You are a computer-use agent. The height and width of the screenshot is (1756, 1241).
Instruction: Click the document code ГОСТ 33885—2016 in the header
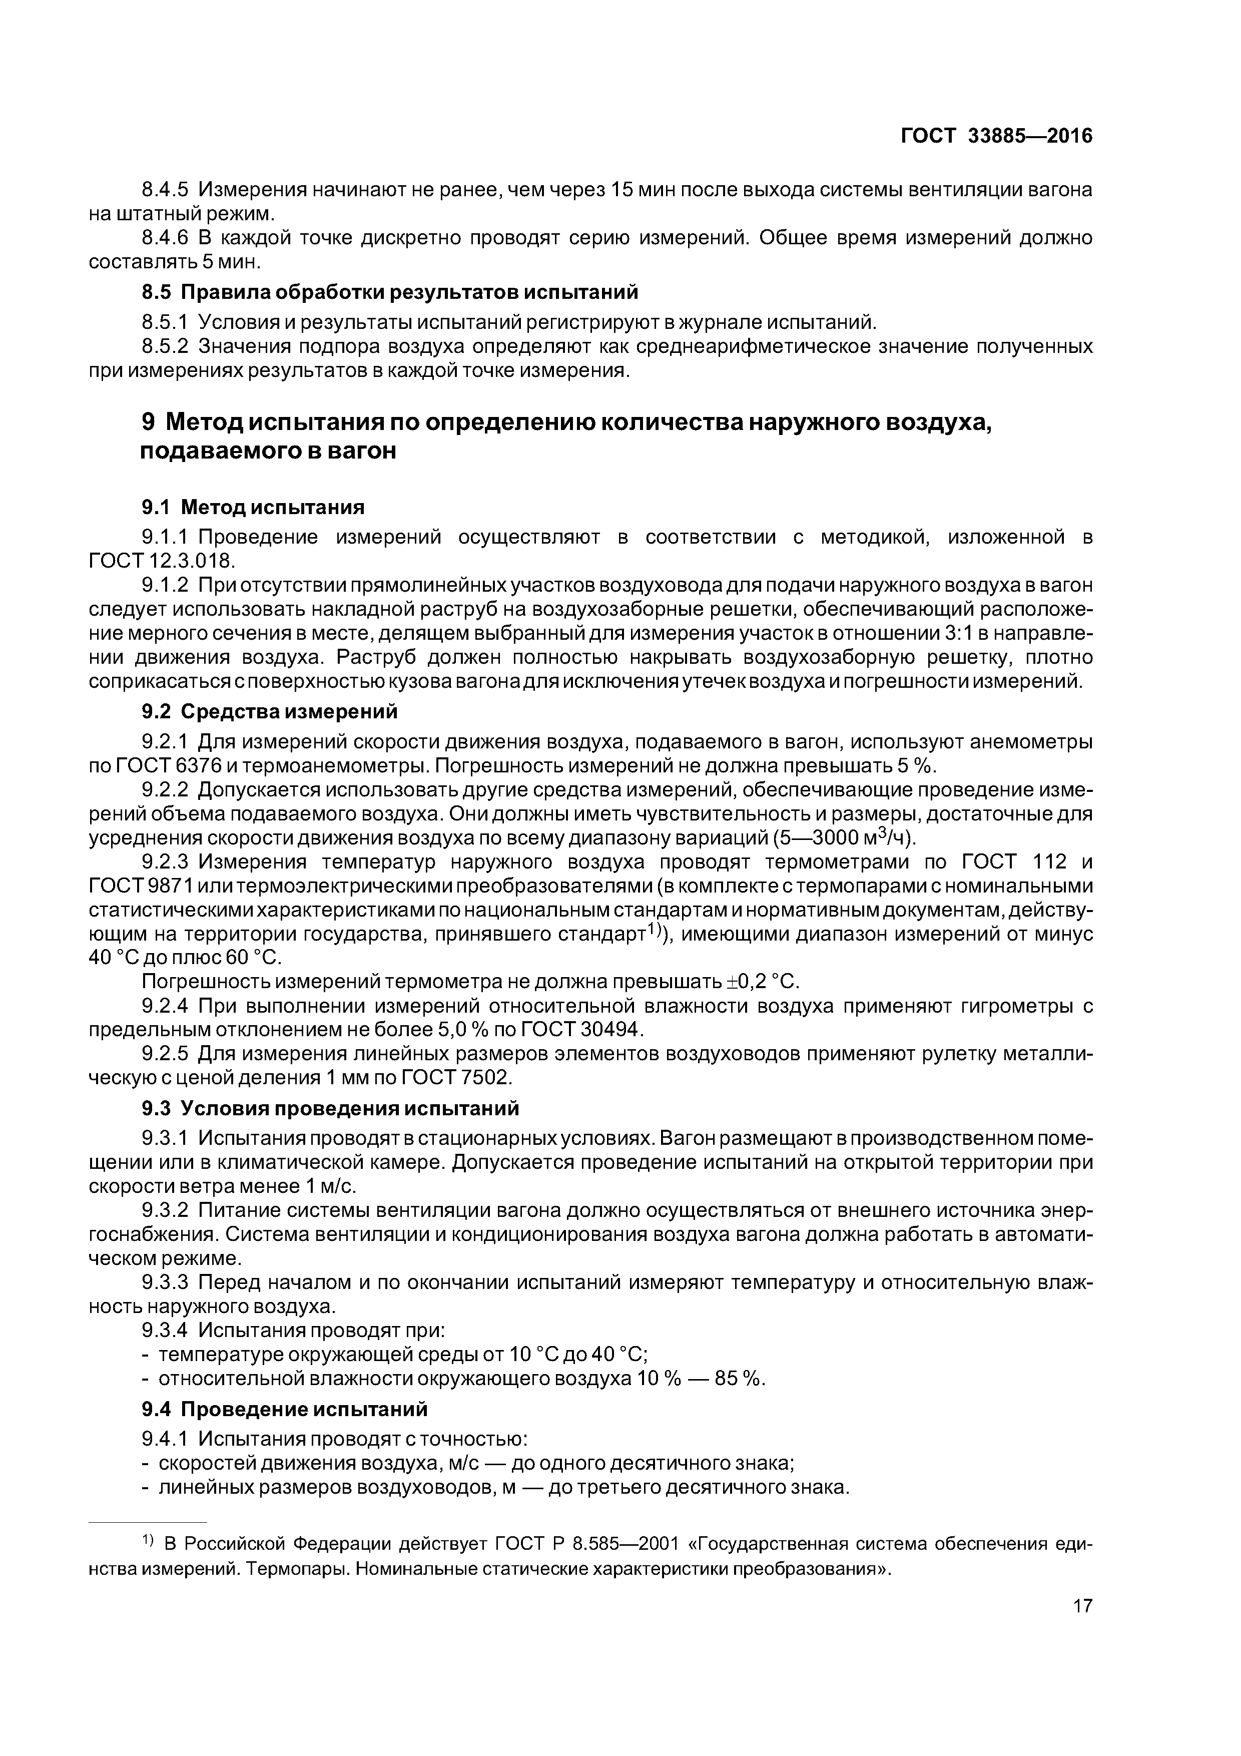tap(996, 136)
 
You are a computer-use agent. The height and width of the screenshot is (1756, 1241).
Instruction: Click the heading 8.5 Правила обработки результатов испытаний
tap(389, 292)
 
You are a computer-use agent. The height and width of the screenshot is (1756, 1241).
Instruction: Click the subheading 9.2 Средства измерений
tap(269, 711)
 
